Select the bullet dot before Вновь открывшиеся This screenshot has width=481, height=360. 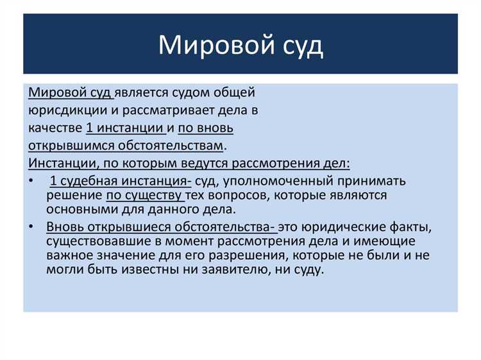tap(32, 227)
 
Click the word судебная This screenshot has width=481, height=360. tap(85, 181)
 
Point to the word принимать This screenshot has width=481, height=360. tap(373, 181)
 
